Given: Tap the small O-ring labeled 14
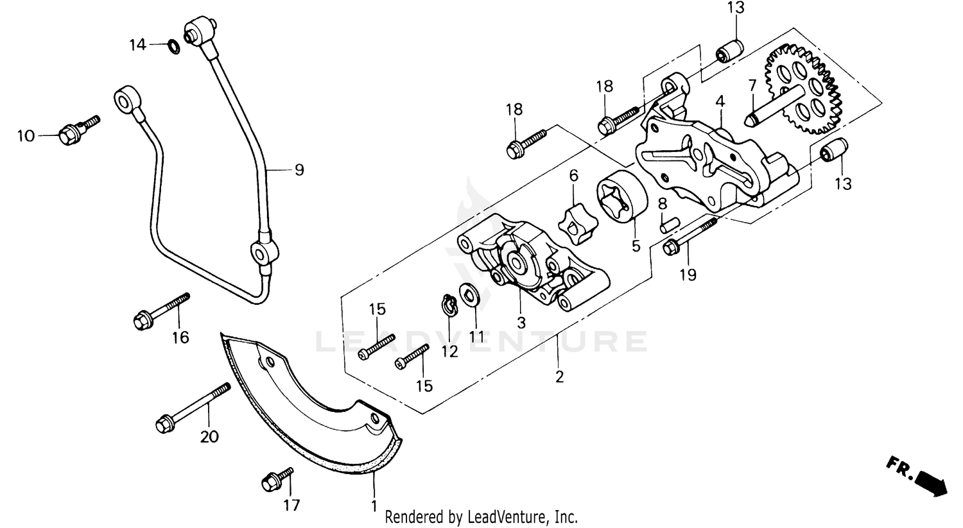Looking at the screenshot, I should [x=172, y=46].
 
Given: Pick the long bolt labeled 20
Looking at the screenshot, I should [x=193, y=407].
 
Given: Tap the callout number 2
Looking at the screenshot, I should [x=559, y=377].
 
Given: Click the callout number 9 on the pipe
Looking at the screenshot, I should [x=299, y=170].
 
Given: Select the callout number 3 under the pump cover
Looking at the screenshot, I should [x=521, y=323].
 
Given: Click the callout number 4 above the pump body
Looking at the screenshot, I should [x=720, y=101].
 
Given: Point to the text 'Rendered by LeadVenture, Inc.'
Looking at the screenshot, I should [x=481, y=516].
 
